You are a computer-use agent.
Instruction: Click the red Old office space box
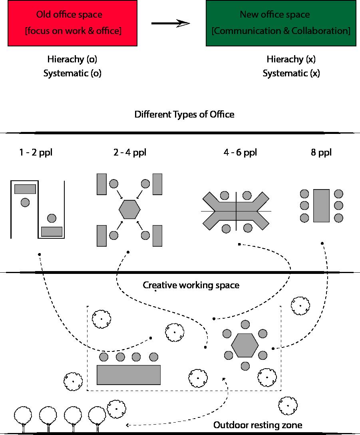pyautogui.click(x=73, y=23)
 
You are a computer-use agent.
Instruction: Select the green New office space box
pyautogui.click(x=280, y=23)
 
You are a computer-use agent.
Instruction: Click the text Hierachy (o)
pyautogui.click(x=72, y=59)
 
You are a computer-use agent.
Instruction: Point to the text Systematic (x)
pyautogui.click(x=291, y=73)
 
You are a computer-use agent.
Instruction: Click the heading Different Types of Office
pyautogui.click(x=184, y=114)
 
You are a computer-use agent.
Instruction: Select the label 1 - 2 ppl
pyautogui.click(x=36, y=152)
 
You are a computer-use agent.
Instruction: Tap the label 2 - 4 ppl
pyautogui.click(x=129, y=152)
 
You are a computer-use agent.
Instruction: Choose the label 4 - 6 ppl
pyautogui.click(x=240, y=152)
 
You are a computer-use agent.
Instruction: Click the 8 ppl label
pyautogui.click(x=321, y=152)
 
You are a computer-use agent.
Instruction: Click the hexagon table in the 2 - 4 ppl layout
pyautogui.click(x=129, y=209)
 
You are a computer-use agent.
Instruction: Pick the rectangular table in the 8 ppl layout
pyautogui.click(x=321, y=206)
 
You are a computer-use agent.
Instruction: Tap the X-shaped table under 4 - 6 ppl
pyautogui.click(x=236, y=211)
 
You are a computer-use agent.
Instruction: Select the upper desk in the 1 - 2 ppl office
pyautogui.click(x=25, y=189)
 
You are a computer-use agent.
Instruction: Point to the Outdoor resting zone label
pyautogui.click(x=258, y=425)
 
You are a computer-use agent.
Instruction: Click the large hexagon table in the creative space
pyautogui.click(x=245, y=345)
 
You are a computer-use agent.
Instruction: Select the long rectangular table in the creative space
pyautogui.click(x=129, y=375)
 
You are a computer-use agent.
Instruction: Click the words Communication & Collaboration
pyautogui.click(x=280, y=31)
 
